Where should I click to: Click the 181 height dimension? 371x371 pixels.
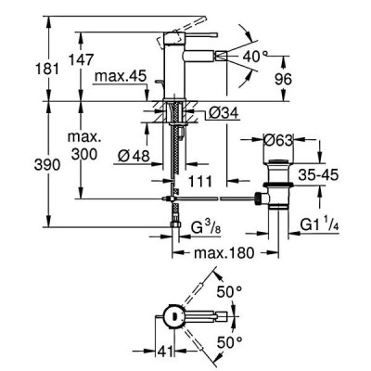[46, 69]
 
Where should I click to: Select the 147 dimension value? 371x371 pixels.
[81, 59]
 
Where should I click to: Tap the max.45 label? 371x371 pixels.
[120, 76]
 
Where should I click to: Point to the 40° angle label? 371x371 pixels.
[255, 57]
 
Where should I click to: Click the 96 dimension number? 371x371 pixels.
[283, 79]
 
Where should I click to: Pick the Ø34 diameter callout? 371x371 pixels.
[224, 113]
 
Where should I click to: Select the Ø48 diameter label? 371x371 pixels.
[134, 156]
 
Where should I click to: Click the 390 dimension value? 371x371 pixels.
[47, 165]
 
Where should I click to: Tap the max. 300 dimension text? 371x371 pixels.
[84, 146]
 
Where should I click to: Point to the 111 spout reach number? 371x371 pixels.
[201, 182]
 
